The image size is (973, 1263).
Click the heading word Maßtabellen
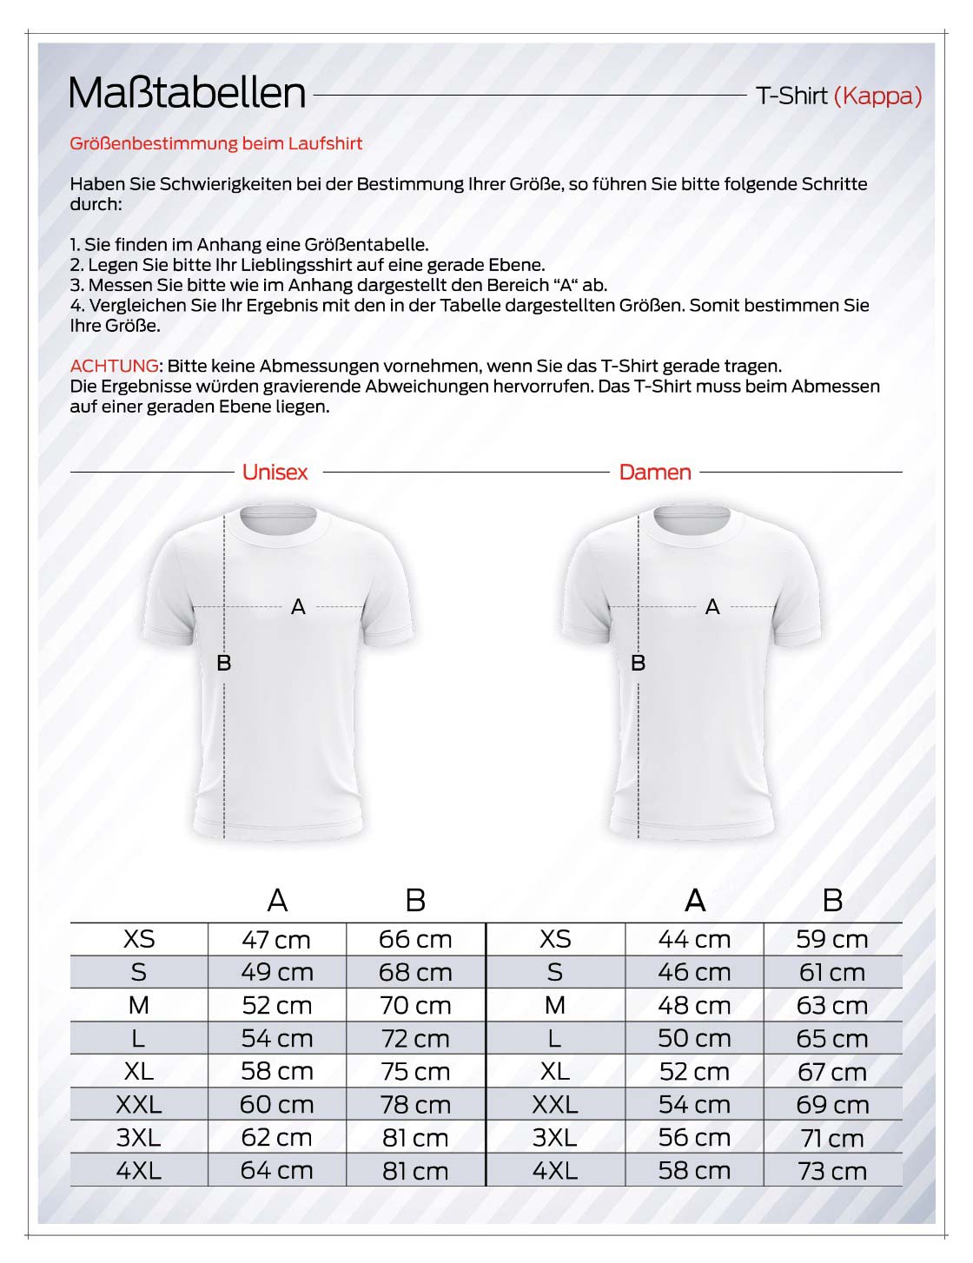(x=187, y=94)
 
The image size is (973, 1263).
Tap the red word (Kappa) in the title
(x=877, y=96)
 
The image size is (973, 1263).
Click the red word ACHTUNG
(x=115, y=366)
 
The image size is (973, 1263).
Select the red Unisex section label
(x=275, y=473)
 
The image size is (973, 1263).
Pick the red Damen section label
(x=655, y=473)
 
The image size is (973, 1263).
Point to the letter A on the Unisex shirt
(x=298, y=607)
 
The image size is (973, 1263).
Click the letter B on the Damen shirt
(x=638, y=663)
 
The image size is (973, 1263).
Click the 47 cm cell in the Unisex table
(x=276, y=940)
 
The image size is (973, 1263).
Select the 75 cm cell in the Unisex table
(x=415, y=1072)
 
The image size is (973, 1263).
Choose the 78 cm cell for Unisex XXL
(x=415, y=1105)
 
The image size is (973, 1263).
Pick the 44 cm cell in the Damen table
(x=694, y=940)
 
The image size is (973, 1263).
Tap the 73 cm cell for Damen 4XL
(x=832, y=1171)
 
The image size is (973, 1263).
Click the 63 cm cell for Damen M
(x=832, y=1006)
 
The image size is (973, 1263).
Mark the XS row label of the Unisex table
(x=139, y=940)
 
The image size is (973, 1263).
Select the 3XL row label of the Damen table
(x=554, y=1138)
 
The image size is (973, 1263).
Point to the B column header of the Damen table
(x=832, y=901)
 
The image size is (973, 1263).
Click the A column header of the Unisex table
(x=277, y=901)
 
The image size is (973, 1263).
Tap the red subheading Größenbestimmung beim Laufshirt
(x=216, y=143)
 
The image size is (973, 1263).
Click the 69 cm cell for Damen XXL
(x=832, y=1105)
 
